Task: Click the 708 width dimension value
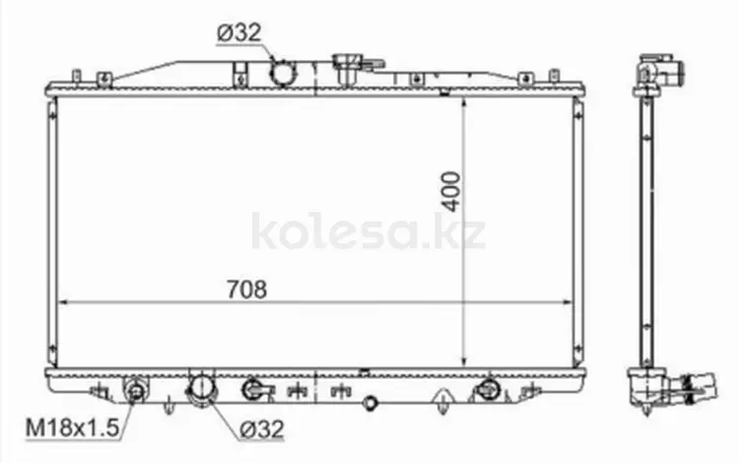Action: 246,290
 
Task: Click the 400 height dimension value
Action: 451,192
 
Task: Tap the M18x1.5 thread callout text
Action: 72,428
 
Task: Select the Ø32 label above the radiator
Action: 239,33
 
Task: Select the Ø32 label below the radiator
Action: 261,430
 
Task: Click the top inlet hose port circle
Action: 282,74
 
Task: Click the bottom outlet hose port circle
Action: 202,388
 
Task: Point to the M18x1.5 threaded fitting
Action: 136,390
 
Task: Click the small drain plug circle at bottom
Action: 370,403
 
